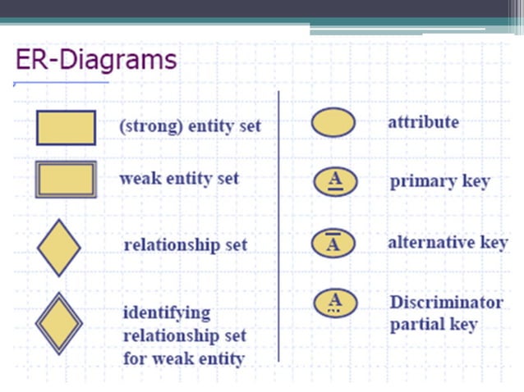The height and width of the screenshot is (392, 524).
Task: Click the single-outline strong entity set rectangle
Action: click(66, 127)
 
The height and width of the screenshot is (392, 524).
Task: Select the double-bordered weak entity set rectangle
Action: click(66, 179)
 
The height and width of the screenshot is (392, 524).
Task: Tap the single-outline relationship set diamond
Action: click(59, 247)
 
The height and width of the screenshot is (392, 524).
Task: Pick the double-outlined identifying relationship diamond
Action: click(59, 323)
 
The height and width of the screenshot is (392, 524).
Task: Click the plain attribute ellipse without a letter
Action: click(333, 123)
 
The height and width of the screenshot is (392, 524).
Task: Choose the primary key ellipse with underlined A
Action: click(334, 181)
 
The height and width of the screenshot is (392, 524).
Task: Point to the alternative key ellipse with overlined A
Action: click(334, 243)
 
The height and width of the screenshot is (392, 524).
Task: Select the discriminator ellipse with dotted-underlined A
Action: click(334, 303)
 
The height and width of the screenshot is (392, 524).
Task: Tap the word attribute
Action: click(423, 122)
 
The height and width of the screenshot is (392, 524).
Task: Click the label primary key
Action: click(439, 182)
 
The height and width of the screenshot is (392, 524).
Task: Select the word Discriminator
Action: click(446, 302)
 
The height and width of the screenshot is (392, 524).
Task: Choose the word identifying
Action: click(167, 313)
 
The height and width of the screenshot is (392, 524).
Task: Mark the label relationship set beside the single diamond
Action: click(185, 245)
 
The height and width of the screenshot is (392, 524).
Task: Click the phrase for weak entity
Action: click(183, 359)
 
